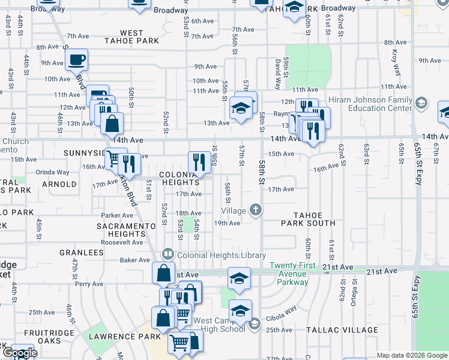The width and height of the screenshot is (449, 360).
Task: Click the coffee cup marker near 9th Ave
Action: point(76,60)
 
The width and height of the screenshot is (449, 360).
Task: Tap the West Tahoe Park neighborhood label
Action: point(131,37)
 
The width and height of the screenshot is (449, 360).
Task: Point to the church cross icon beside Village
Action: point(256,210)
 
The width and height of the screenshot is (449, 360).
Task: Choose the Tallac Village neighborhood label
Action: point(333,330)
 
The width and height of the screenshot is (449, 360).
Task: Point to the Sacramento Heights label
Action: point(122,229)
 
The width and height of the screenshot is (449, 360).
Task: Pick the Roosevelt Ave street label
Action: point(122,242)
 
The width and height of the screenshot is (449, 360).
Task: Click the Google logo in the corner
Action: point(19,353)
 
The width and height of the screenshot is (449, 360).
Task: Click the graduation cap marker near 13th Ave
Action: point(240,109)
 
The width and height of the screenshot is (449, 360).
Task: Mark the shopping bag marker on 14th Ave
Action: point(112,124)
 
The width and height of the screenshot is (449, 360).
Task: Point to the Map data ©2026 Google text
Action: point(412,355)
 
